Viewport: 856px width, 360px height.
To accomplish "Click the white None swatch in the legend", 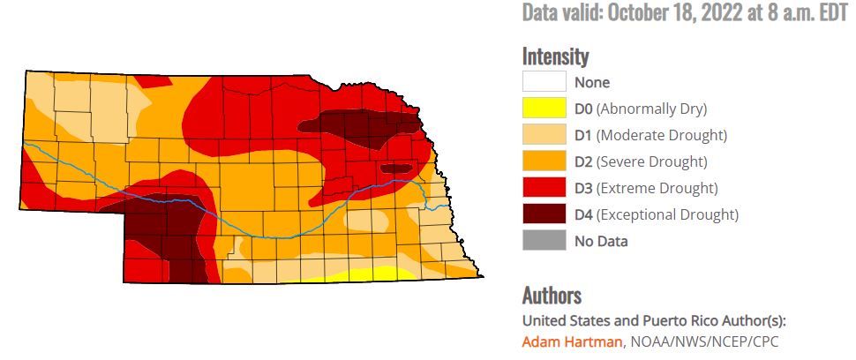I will [544, 82].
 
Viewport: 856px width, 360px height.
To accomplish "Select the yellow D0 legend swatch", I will [544, 109].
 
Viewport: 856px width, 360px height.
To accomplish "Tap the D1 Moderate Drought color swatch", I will [544, 135].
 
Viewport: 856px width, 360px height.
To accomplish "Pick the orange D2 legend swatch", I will [544, 161].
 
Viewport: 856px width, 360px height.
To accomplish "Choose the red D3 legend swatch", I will [544, 188].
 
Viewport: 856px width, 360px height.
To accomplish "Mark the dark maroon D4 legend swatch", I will [544, 214].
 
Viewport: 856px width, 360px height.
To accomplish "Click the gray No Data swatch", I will [544, 240].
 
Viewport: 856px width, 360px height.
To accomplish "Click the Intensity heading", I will [555, 56].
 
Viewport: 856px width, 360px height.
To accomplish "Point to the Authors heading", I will [552, 295].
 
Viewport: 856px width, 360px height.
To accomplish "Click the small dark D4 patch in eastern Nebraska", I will [395, 168].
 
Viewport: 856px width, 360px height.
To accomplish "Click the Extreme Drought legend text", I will [657, 188].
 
